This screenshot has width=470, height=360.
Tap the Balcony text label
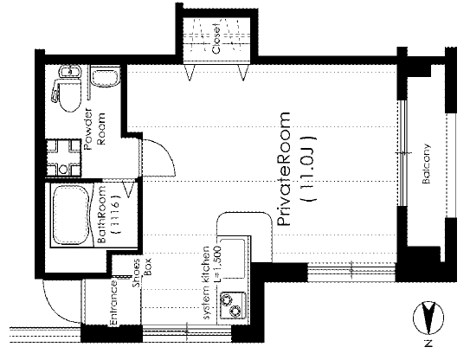pos(426,164)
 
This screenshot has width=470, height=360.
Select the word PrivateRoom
pos(284,169)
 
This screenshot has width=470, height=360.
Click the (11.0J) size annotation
pos(309,169)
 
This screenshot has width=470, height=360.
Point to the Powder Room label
pos(95,131)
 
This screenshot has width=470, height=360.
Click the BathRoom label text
pos(102,215)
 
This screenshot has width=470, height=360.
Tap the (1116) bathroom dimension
pos(117,215)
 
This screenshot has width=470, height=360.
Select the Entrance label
pos(114,302)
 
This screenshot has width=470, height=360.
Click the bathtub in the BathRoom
pos(71,215)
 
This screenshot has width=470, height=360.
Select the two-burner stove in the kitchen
pos(233,305)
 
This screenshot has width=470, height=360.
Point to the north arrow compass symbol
pos(428,319)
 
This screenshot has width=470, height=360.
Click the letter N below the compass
pos(428,344)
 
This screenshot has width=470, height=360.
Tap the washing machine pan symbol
pos(63,157)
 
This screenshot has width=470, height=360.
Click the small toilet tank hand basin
pos(70,72)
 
